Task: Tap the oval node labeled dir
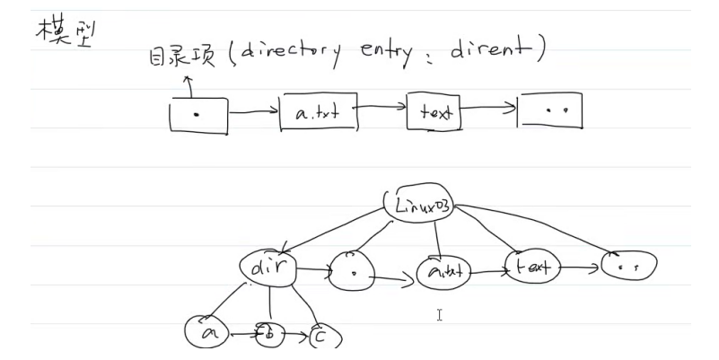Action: pyautogui.click(x=268, y=266)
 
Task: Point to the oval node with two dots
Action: pyautogui.click(x=627, y=265)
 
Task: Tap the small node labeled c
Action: pyautogui.click(x=320, y=337)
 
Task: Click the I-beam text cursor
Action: pyautogui.click(x=440, y=314)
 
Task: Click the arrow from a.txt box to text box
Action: pyautogui.click(x=380, y=109)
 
